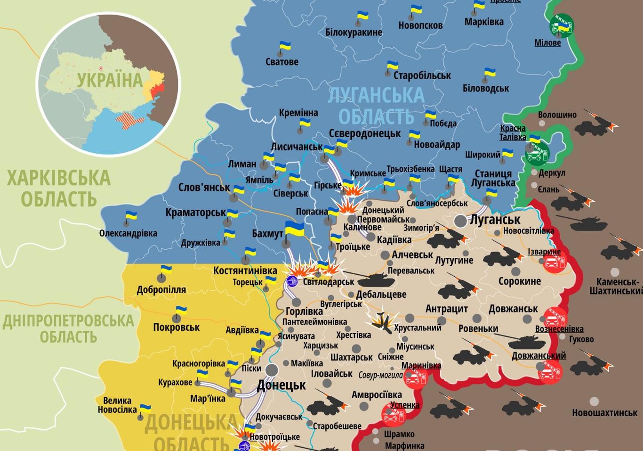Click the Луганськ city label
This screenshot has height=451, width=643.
point(495,220)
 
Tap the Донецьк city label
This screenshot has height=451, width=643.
point(281,385)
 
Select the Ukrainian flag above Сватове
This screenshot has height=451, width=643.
point(285,47)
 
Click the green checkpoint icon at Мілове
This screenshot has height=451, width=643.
point(562,25)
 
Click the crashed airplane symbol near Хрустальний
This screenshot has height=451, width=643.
point(382,320)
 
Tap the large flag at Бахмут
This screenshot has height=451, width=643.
point(295,230)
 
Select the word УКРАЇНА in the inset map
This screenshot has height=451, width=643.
point(110,80)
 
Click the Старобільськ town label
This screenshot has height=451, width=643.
point(422,75)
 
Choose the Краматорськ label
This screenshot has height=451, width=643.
point(195,213)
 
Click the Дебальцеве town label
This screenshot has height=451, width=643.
point(381,295)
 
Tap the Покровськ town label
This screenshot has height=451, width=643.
point(176,327)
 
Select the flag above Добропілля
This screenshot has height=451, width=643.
point(166,270)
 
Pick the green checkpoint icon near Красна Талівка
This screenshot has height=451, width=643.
point(537,154)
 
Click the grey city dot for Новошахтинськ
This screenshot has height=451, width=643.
point(595,402)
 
